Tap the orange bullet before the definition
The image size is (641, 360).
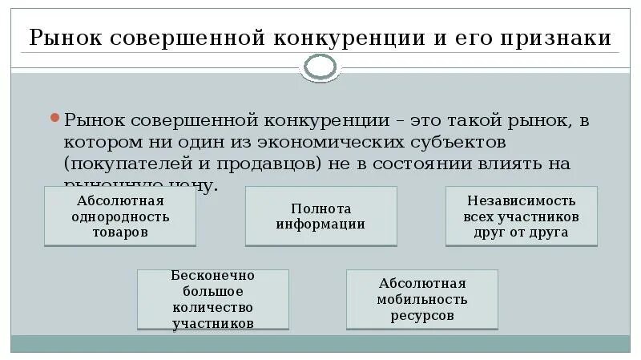[55, 118]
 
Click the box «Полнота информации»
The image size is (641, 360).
[320, 216]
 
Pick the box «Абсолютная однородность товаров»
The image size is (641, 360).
[119, 216]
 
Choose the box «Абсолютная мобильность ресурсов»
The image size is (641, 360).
[422, 299]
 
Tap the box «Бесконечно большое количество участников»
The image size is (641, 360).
[212, 299]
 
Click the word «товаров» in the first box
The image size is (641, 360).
[119, 232]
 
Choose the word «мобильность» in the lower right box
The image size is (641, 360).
[422, 299]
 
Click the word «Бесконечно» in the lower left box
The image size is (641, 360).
[212, 275]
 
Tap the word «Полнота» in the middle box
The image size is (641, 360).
[320, 208]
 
